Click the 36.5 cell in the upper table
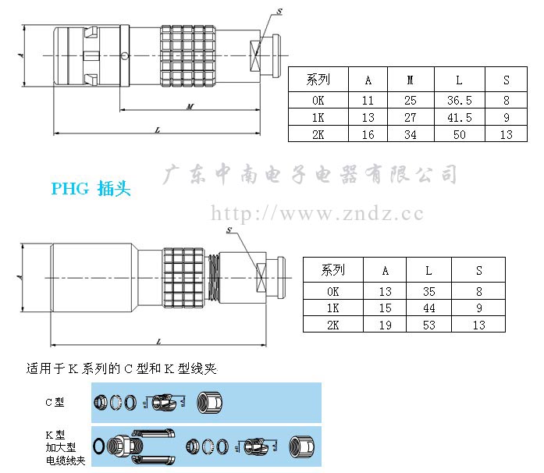(x=459, y=100)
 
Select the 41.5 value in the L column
(x=459, y=117)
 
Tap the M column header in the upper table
(x=411, y=80)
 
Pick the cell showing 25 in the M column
(x=411, y=100)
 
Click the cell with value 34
(x=411, y=134)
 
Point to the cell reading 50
(x=459, y=134)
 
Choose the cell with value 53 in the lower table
(x=428, y=325)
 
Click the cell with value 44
(x=428, y=308)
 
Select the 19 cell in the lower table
(x=385, y=325)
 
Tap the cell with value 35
(x=428, y=291)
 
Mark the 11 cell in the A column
(x=368, y=100)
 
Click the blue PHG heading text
(x=90, y=189)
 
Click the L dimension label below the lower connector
(x=158, y=341)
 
